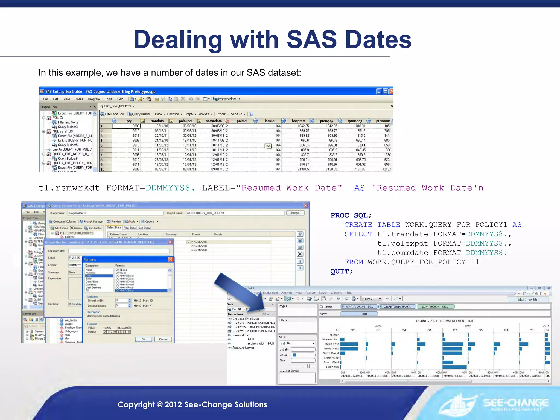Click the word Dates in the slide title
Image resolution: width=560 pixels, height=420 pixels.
coord(378,40)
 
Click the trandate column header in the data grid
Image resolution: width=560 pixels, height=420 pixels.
coord(157,121)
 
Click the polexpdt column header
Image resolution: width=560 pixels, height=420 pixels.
coord(185,121)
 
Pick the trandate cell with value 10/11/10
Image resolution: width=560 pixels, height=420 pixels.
coord(161,126)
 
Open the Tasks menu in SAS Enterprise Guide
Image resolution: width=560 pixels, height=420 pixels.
coord(79,99)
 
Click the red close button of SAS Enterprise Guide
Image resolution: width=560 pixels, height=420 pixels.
coord(391,91)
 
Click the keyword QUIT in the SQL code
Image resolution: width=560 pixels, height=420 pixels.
coord(339,272)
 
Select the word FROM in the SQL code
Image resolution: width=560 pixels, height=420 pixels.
coord(354,262)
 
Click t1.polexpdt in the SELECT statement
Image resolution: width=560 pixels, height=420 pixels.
coord(402,243)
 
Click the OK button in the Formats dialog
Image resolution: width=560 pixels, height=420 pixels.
coord(143,339)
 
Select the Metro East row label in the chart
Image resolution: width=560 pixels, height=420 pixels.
coord(331,344)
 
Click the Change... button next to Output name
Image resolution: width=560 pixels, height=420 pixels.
coord(295,213)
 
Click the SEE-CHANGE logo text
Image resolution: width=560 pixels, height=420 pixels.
coord(516,403)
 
